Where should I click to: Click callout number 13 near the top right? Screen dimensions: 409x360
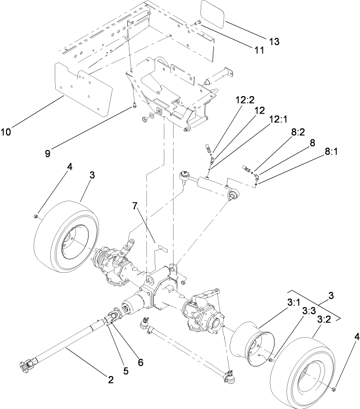[x=274, y=41]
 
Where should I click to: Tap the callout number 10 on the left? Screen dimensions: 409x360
[x=6, y=132]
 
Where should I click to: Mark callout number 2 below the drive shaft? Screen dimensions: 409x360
[x=110, y=380]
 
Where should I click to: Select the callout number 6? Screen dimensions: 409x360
[x=140, y=362]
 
